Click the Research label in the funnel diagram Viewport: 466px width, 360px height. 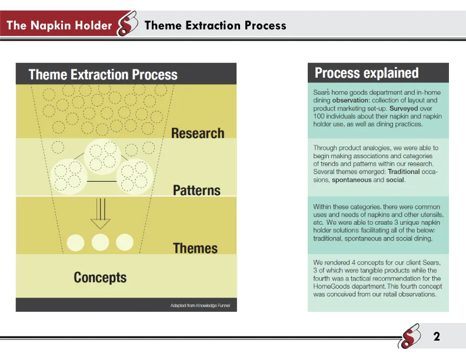click(198, 133)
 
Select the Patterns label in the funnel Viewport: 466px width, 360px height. click(197, 190)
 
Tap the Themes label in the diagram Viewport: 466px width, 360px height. click(195, 248)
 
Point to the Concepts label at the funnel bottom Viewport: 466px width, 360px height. click(100, 277)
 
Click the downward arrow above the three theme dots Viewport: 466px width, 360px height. click(101, 215)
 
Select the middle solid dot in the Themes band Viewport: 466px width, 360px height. click(101, 242)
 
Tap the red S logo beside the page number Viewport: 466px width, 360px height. click(409, 337)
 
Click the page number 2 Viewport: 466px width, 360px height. click(437, 337)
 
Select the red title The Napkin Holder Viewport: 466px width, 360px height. click(59, 25)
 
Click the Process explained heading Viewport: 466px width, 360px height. click(367, 73)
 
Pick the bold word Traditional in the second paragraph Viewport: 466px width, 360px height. click(404, 172)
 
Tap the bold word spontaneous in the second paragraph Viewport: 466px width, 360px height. click(352, 180)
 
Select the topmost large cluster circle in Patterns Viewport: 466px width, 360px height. click(103, 154)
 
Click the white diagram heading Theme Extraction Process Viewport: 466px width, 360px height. click(103, 75)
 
